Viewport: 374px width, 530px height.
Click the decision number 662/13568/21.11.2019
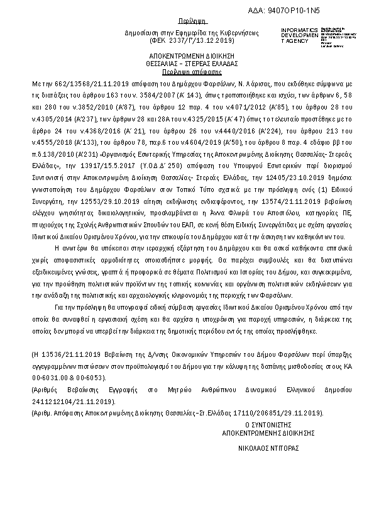click(x=82, y=83)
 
